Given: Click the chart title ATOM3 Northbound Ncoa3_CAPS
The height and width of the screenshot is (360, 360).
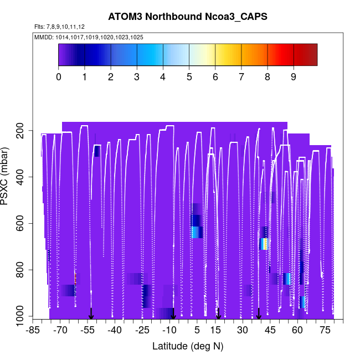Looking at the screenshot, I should point(188,17).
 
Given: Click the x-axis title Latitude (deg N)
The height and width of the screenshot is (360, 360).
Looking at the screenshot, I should point(188,346).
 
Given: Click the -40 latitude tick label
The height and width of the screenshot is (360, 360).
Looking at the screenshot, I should point(115,330).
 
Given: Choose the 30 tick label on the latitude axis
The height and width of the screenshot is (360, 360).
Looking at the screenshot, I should point(242,330).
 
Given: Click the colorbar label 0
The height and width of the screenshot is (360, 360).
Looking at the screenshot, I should point(59,76).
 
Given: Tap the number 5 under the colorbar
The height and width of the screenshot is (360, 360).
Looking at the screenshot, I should point(189,76).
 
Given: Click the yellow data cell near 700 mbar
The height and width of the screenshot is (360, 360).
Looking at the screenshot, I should point(265,244).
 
